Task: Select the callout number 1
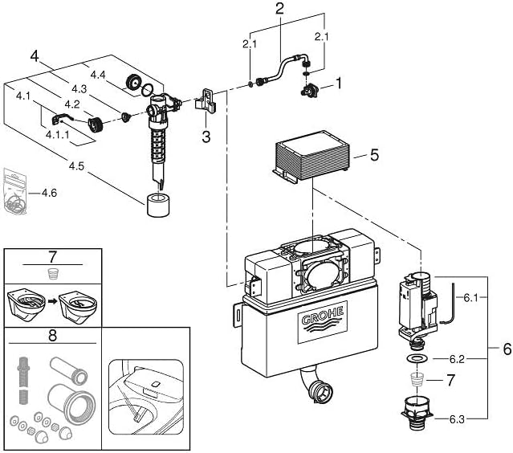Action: (x=339, y=82)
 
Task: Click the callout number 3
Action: (x=206, y=136)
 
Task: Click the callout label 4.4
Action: (x=98, y=74)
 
